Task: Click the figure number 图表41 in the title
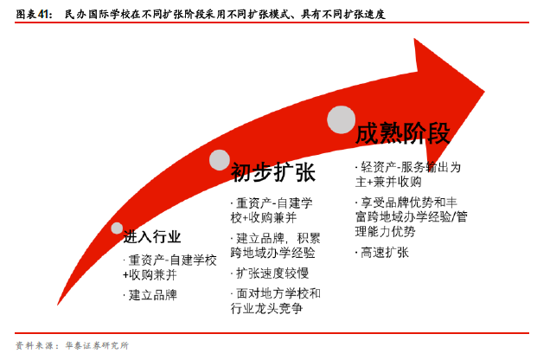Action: (34, 14)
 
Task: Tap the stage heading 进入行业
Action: (151, 236)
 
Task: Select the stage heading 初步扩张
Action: (273, 172)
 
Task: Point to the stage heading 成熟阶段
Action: (403, 133)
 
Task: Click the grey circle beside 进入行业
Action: (117, 228)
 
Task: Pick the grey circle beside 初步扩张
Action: (220, 160)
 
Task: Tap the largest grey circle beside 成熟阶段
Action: (341, 119)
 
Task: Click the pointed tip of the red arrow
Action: (484, 92)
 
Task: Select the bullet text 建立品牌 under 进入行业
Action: (153, 295)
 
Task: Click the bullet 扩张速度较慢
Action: (272, 273)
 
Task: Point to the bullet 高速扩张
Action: (385, 253)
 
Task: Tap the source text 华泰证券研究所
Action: (97, 345)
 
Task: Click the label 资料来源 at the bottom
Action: (35, 345)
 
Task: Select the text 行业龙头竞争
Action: (267, 308)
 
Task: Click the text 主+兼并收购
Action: (388, 182)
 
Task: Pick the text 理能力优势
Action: (386, 231)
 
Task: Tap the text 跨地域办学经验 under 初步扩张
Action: (273, 253)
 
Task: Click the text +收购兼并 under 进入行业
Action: (150, 274)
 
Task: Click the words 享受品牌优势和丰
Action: (409, 202)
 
